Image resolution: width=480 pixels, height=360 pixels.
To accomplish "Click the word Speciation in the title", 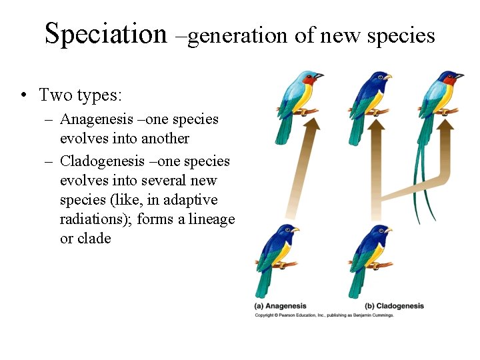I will click(x=105, y=33).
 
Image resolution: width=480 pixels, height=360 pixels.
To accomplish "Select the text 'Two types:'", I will click(x=81, y=95).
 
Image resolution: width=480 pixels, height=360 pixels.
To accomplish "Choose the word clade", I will click(x=94, y=239).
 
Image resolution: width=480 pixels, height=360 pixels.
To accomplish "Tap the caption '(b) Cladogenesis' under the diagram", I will click(x=395, y=306).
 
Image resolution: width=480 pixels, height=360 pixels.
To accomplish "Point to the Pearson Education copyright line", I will click(x=324, y=315).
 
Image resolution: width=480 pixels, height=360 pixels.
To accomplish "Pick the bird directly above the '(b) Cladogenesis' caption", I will click(x=370, y=257).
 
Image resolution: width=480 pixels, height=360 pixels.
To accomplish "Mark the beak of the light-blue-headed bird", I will click(x=320, y=77).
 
